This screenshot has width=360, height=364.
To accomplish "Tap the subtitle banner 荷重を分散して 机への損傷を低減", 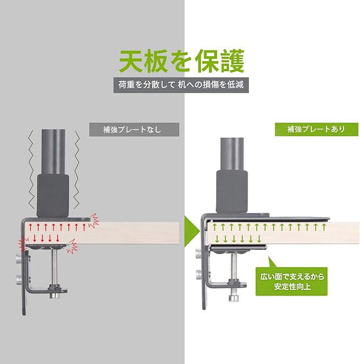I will click(x=180, y=84).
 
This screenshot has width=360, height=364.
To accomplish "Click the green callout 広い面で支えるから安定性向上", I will click(x=293, y=280).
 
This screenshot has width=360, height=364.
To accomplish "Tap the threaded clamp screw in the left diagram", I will click(x=54, y=268).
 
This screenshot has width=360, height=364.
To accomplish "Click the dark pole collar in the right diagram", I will click(x=232, y=191).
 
